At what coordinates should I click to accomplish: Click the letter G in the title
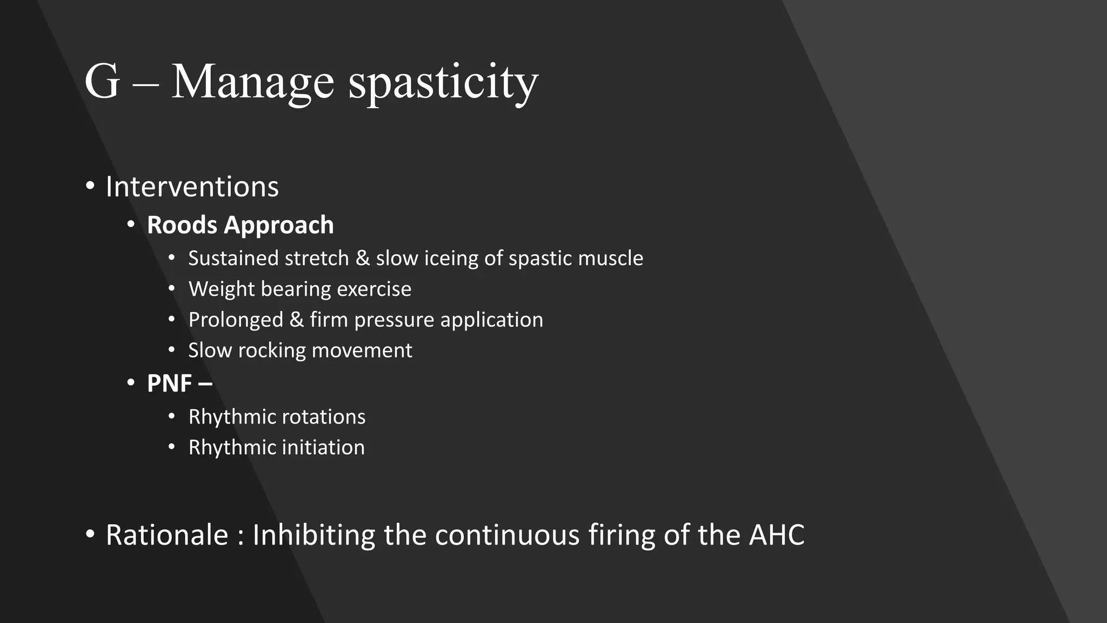click(102, 82)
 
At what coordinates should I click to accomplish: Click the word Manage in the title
click(252, 83)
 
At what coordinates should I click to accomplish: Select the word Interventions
click(192, 187)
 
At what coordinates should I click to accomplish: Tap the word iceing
click(451, 259)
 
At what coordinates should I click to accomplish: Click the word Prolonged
click(235, 320)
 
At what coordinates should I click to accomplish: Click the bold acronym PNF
click(169, 383)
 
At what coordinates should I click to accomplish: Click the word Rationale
click(167, 535)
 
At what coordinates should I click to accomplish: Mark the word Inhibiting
click(314, 535)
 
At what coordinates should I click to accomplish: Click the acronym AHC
click(776, 535)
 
